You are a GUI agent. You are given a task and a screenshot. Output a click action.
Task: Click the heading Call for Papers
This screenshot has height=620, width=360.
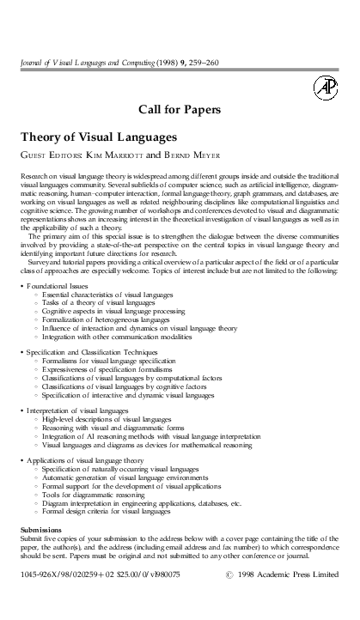tap(180, 109)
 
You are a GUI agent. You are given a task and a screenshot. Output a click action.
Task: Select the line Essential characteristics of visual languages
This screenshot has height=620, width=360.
tap(107, 294)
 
